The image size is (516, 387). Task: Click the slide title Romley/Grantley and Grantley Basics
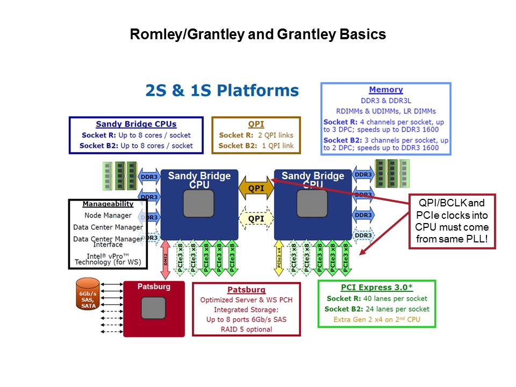[258, 34]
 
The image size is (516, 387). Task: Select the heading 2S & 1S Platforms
[222, 90]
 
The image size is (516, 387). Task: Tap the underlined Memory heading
[385, 90]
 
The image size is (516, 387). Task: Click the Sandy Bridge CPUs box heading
[136, 124]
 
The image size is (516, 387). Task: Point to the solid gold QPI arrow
[256, 189]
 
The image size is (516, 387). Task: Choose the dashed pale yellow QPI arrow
[256, 218]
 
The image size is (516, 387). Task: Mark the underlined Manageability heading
[107, 204]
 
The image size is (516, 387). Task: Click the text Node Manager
[107, 216]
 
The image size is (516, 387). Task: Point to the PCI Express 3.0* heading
[377, 288]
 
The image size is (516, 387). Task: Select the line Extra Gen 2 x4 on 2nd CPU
[377, 320]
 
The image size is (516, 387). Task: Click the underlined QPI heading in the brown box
[256, 124]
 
